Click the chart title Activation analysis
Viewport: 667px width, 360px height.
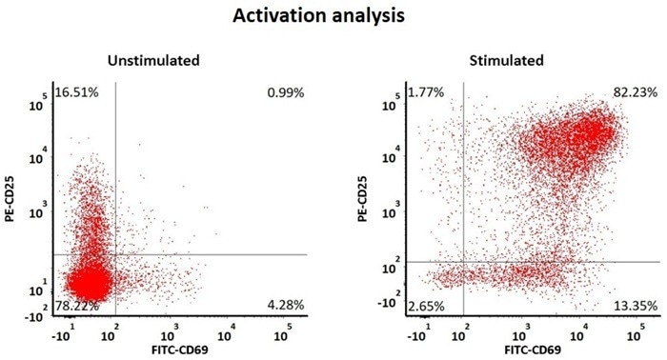pyautogui.click(x=333, y=17)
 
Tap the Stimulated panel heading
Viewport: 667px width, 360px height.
pyautogui.click(x=507, y=61)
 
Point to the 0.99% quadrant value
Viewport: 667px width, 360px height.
pyautogui.click(x=287, y=92)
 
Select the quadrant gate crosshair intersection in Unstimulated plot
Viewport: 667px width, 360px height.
pyautogui.click(x=115, y=254)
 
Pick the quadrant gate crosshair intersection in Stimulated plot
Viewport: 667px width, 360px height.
pyautogui.click(x=464, y=262)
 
